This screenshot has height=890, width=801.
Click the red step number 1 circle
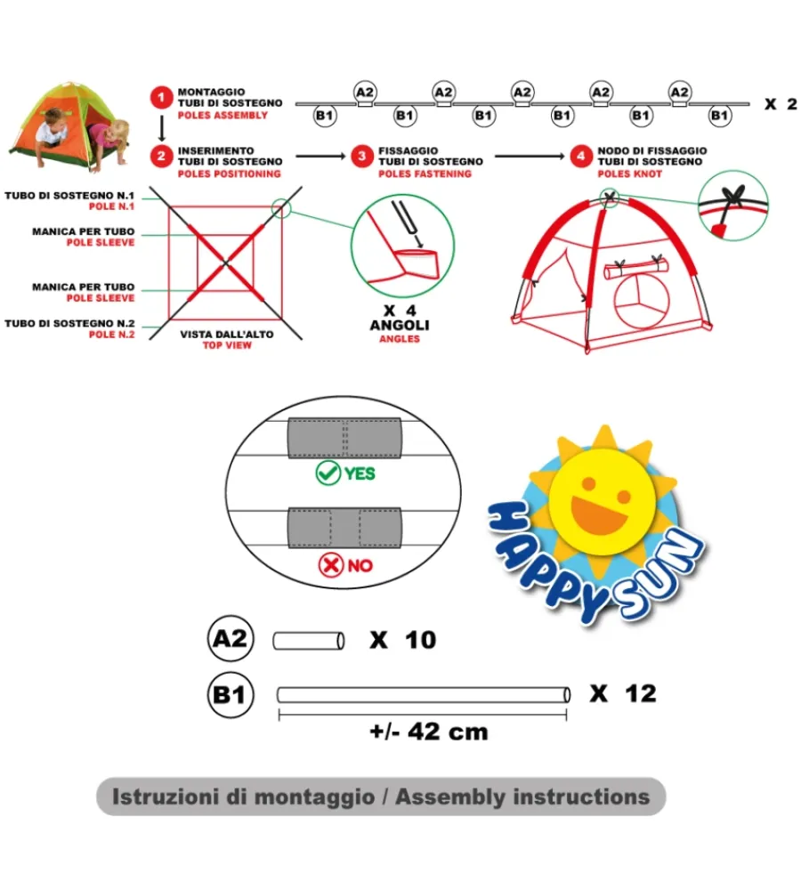tap(161, 98)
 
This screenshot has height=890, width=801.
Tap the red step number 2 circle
tap(161, 156)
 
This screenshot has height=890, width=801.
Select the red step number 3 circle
tap(361, 156)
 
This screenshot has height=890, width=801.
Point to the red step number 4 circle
tap(581, 156)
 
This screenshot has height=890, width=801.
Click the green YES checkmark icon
tap(328, 473)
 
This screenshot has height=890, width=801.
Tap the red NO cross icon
tap(331, 565)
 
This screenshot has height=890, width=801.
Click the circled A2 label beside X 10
tap(230, 638)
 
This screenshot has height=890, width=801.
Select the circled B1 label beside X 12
tap(230, 694)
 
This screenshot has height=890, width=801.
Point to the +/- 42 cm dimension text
tap(429, 732)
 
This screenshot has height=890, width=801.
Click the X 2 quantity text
tap(781, 104)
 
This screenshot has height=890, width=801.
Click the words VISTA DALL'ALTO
tap(227, 335)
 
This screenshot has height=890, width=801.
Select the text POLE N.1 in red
tap(112, 206)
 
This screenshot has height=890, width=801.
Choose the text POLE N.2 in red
tap(112, 335)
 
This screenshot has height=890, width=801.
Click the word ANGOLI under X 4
tap(400, 325)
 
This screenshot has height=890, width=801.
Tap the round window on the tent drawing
tap(642, 301)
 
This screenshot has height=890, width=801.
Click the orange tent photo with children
tap(69, 126)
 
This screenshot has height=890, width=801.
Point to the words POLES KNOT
tap(629, 174)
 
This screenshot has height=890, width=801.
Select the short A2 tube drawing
tap(308, 641)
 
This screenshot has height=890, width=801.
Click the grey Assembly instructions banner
tap(381, 797)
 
